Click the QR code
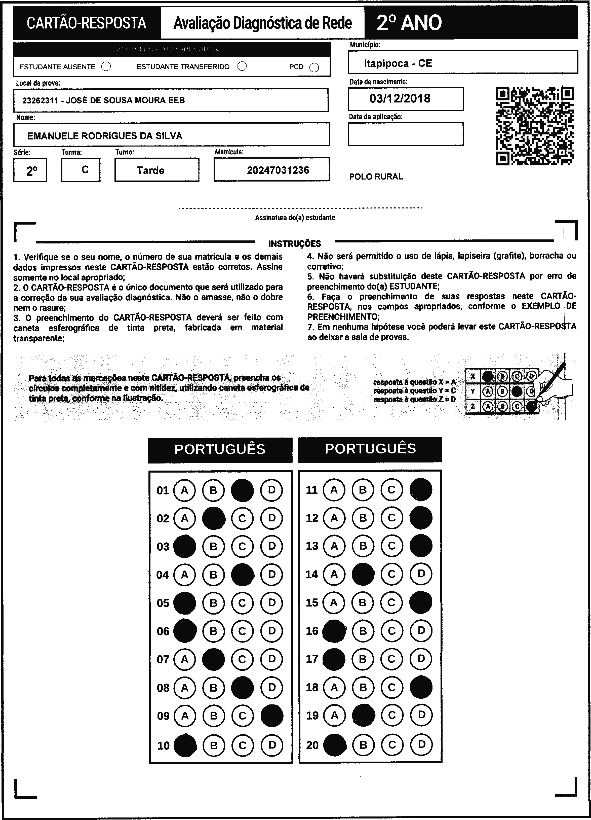(534, 125)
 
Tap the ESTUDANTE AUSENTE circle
(106, 66)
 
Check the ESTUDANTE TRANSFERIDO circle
(242, 66)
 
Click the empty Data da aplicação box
(405, 134)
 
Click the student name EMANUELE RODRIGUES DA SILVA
(105, 136)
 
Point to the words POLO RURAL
(376, 176)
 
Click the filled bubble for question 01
(242, 490)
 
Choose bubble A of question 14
(334, 574)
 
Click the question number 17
(312, 659)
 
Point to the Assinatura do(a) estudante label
(295, 217)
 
